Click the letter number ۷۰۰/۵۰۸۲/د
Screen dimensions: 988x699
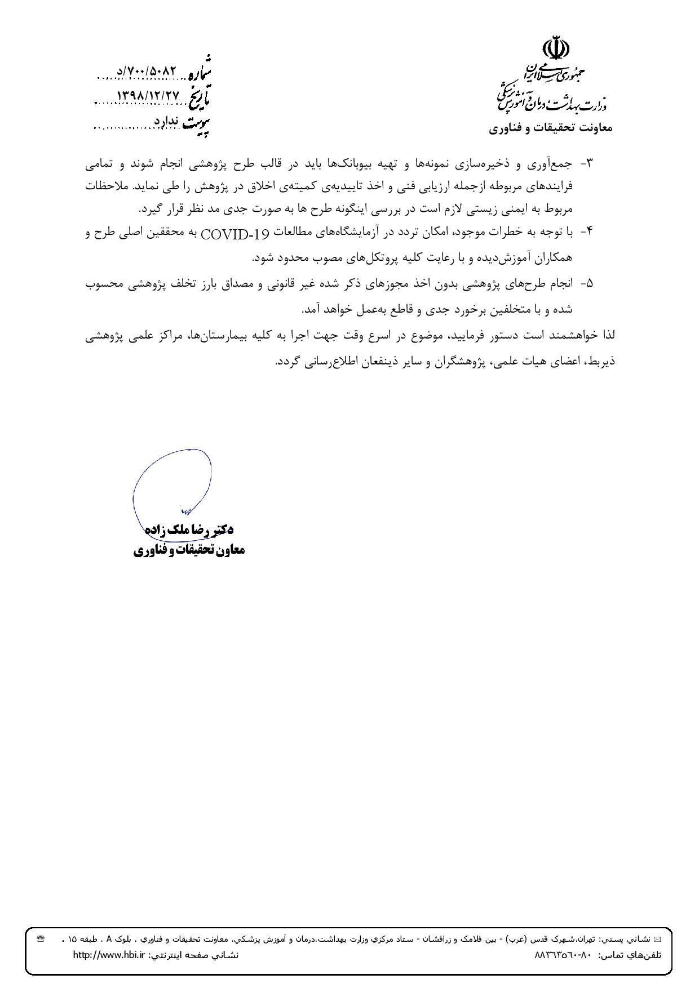tap(147, 72)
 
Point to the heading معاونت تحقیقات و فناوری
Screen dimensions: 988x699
tap(550, 128)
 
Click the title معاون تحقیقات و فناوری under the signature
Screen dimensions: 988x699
tap(189, 550)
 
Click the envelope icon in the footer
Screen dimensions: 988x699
tap(656, 940)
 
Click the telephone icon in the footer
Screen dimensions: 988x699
tap(40, 939)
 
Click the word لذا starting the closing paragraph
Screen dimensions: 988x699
tap(608, 335)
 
